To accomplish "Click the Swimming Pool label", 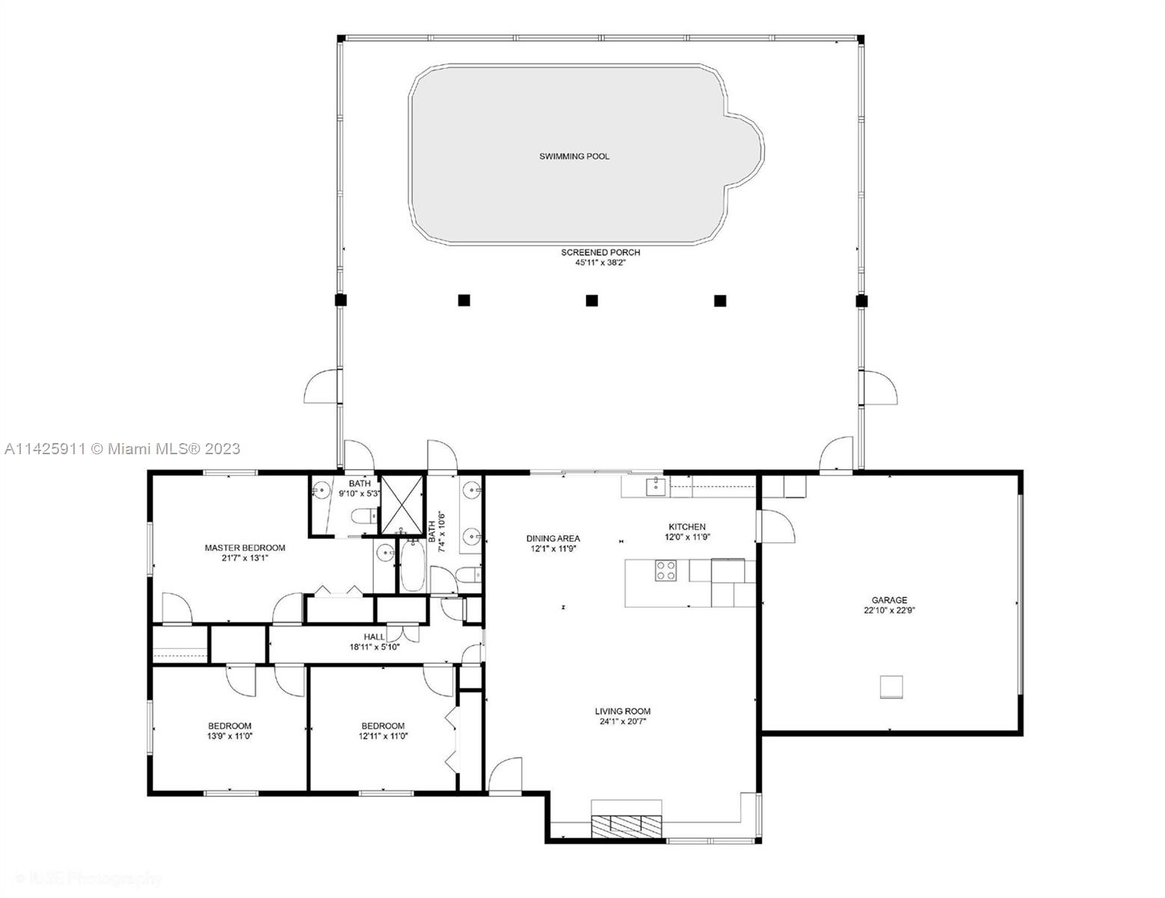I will pyautogui.click(x=574, y=156).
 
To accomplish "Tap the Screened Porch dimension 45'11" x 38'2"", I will pyautogui.click(x=600, y=263).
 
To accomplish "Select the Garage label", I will pyautogui.click(x=889, y=600).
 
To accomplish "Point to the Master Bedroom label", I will pyautogui.click(x=245, y=548).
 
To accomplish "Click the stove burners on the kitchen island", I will pyautogui.click(x=666, y=571).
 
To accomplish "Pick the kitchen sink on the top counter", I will pyautogui.click(x=656, y=486).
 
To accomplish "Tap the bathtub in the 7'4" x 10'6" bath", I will pyautogui.click(x=412, y=566).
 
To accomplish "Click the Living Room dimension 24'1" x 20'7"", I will pyautogui.click(x=622, y=721).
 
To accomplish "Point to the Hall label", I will pyautogui.click(x=375, y=637).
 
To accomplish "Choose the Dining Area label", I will pyautogui.click(x=553, y=538).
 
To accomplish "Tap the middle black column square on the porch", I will pyautogui.click(x=591, y=301).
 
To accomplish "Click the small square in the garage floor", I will pyautogui.click(x=891, y=686).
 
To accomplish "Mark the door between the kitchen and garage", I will pyautogui.click(x=775, y=527).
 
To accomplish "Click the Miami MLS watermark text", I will pyautogui.click(x=122, y=448).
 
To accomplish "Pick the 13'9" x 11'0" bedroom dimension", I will pyautogui.click(x=230, y=736).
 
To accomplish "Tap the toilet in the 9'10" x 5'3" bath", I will pyautogui.click(x=362, y=516).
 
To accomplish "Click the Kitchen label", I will pyautogui.click(x=686, y=527).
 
